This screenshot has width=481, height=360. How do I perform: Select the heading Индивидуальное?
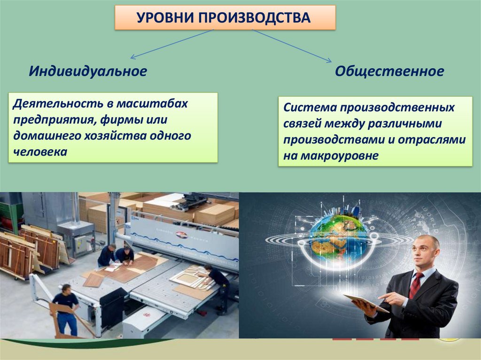(x=88, y=71)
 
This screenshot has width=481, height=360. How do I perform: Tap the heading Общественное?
(x=389, y=71)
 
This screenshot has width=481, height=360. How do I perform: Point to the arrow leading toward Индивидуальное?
(x=172, y=44)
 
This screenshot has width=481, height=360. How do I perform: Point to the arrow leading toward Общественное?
(x=292, y=46)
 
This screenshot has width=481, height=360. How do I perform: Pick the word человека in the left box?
(x=40, y=152)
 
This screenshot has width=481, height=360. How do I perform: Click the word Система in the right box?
(x=310, y=107)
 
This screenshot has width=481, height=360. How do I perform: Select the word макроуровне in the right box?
(x=340, y=156)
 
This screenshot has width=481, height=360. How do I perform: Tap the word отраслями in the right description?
(x=432, y=140)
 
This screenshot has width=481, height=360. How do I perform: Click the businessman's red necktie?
(x=416, y=284)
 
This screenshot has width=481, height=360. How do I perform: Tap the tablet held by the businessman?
(x=365, y=303)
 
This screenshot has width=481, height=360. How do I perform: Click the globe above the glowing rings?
(x=337, y=237)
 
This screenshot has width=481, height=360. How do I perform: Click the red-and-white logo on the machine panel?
(x=182, y=235)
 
